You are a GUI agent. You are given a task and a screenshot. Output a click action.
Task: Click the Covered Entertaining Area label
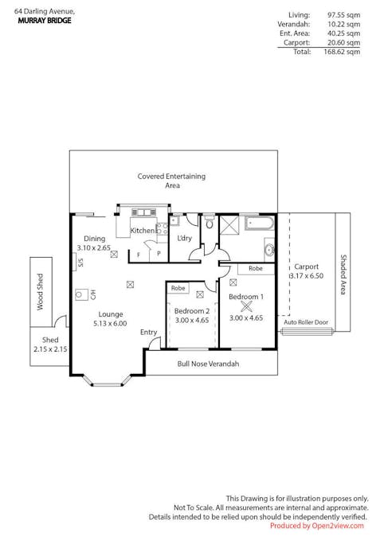pos(172,181)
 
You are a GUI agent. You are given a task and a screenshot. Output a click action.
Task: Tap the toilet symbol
pos(209,222)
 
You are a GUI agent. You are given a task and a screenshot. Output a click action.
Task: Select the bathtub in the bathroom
pos(259,224)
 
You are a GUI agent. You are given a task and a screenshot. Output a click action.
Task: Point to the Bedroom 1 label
pos(246,297)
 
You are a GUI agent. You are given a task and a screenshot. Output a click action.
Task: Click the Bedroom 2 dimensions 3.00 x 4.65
pos(192,321)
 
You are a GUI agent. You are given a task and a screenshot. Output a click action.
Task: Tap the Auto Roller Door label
pos(306,322)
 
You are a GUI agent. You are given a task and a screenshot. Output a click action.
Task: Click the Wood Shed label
pos(40,292)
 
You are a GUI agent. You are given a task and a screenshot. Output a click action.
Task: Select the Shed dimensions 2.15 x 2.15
pos(50,349)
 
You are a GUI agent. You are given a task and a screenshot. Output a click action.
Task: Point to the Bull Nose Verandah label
pos(208,364)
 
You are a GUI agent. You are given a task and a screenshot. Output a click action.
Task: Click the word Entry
pos(148,333)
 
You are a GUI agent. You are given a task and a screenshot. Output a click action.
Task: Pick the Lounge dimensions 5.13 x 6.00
pos(110,323)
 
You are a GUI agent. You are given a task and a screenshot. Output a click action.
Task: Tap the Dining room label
pos(94,239)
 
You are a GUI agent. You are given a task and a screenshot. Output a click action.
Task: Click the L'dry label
pos(184,238)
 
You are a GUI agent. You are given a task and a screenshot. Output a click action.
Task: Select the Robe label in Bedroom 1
pos(256,269)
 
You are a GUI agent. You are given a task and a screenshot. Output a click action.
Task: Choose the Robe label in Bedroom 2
pos(178,288)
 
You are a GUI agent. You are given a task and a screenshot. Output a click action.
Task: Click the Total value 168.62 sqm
pos(342,52)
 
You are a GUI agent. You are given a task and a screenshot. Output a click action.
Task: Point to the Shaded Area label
pos(343,274)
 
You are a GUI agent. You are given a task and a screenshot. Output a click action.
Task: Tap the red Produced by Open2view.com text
pos(316,526)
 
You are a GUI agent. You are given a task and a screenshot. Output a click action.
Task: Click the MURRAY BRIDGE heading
pos(45,21)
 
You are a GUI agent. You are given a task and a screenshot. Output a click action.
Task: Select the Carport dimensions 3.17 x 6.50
pos(306,276)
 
